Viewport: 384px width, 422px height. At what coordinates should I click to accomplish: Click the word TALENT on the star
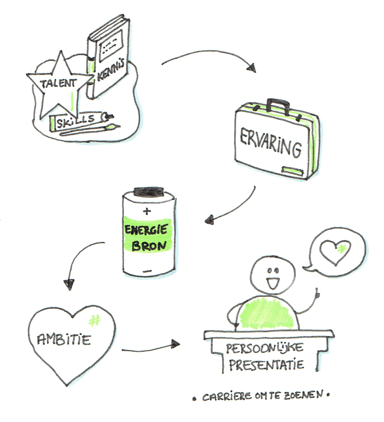click(x=54, y=83)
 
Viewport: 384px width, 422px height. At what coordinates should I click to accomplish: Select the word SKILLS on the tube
click(x=76, y=120)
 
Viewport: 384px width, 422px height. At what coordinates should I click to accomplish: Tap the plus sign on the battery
click(x=147, y=211)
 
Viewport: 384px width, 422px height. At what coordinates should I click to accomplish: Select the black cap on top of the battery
click(x=148, y=191)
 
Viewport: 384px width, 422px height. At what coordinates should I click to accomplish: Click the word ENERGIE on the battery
click(x=146, y=230)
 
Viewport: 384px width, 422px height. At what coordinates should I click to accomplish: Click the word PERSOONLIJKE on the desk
click(x=265, y=349)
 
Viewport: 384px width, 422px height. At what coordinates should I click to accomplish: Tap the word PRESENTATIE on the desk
click(x=266, y=365)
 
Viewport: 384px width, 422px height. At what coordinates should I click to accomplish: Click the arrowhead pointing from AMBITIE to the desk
click(x=175, y=344)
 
